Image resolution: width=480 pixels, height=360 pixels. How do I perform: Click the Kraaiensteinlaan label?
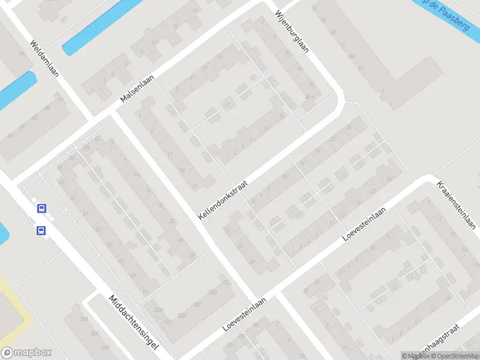(x=456, y=205)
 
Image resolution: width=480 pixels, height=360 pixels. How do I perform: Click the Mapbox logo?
(x=25, y=353)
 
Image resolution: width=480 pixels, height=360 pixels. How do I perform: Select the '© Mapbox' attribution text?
(x=415, y=356)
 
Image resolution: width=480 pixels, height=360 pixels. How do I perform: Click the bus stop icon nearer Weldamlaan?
(x=41, y=209)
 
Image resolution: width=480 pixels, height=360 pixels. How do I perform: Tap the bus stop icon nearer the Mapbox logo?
(x=41, y=230)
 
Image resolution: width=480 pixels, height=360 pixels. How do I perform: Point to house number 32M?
(x=159, y=310)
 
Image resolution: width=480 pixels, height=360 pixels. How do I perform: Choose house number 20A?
(x=84, y=319)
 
